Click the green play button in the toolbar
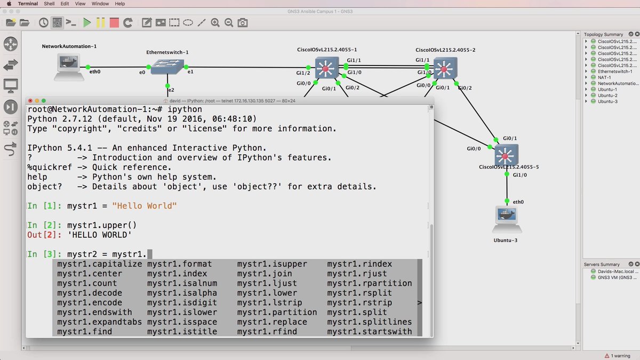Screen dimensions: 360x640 coord(86,22)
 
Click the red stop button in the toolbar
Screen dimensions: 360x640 coord(114,22)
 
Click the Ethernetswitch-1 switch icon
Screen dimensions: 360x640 coord(167,67)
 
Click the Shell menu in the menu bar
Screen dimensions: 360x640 coord(49,4)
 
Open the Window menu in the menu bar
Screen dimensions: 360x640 coord(100,4)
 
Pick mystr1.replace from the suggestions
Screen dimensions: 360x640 coord(272,322)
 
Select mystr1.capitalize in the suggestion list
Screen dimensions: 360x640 coord(100,264)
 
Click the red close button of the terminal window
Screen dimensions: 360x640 coord(31,101)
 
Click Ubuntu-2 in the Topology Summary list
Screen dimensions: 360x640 coord(607,95)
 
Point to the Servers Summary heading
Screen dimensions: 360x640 coord(602,265)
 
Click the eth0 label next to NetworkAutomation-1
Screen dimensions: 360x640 coord(95,71)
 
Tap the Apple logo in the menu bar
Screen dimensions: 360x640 coord(9,4)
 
